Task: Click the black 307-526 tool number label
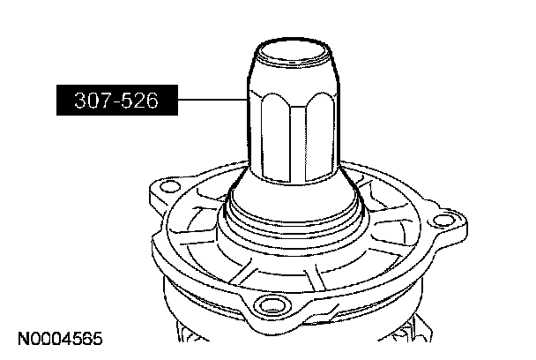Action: (x=117, y=100)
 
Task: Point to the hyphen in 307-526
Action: (x=115, y=101)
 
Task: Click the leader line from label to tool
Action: (x=212, y=100)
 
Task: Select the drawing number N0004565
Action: (x=60, y=339)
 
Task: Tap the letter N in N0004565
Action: (x=23, y=339)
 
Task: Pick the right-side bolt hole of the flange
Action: (x=443, y=221)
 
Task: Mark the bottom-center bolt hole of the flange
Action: (x=272, y=305)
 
